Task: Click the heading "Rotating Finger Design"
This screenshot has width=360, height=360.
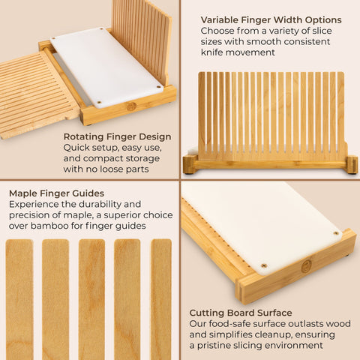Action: tap(117, 136)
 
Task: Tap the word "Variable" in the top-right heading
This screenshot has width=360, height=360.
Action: tap(219, 19)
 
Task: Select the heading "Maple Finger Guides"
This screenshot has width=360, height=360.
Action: tap(56, 193)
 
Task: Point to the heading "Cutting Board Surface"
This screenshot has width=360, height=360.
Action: tap(241, 313)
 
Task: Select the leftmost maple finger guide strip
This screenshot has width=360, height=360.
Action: tap(19, 299)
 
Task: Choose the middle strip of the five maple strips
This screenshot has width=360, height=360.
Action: tap(91, 299)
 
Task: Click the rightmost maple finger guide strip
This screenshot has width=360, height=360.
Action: tap(161, 299)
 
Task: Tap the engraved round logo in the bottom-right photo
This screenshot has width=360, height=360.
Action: tap(306, 266)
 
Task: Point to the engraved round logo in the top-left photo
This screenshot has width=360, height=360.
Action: tap(131, 106)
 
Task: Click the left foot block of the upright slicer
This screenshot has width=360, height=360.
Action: tap(190, 164)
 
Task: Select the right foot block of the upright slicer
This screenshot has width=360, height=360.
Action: tap(352, 164)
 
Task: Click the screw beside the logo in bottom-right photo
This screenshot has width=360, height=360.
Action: tap(264, 265)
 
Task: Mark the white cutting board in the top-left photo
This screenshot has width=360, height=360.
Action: tap(107, 67)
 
